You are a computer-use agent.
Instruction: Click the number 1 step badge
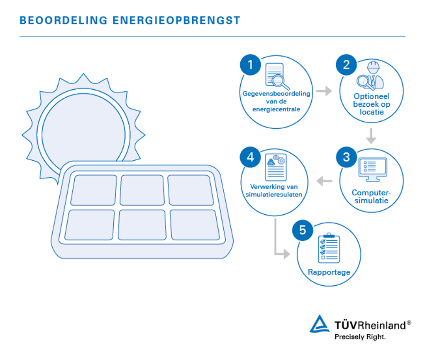click(x=250, y=65)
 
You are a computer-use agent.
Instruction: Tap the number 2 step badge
click(x=346, y=65)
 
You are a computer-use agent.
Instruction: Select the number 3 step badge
click(x=346, y=158)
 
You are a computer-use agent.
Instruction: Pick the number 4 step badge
click(x=250, y=158)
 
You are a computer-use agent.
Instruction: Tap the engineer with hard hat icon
click(x=371, y=76)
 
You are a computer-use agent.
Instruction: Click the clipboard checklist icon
click(x=329, y=249)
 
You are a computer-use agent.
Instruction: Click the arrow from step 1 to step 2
click(x=324, y=91)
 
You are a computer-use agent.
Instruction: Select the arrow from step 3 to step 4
click(x=324, y=181)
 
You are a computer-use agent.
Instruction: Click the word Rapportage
click(x=329, y=272)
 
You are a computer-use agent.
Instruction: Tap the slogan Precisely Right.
click(x=360, y=337)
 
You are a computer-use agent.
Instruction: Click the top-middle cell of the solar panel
click(x=142, y=190)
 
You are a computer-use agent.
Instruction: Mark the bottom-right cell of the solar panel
click(x=195, y=225)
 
